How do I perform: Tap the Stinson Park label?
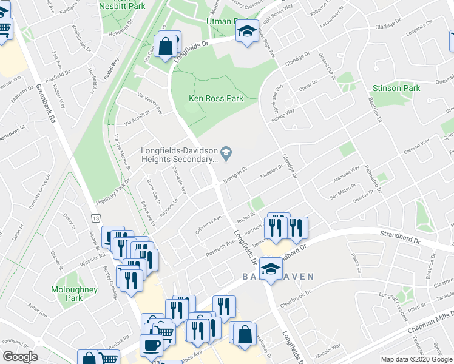(396, 88)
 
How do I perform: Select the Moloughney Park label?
(74, 294)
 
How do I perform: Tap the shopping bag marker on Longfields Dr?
(166, 45)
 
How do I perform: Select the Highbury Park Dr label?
(113, 190)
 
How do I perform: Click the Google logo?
(20, 357)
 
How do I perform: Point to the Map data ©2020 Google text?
(416, 359)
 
